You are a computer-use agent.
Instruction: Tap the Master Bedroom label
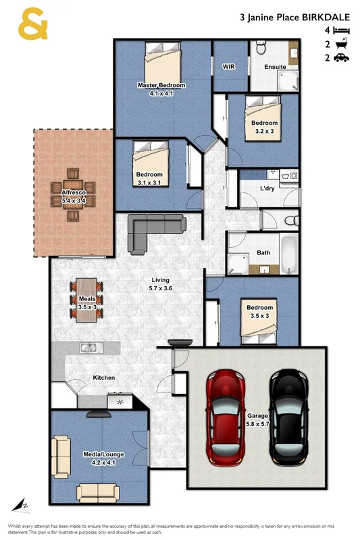pyautogui.click(x=161, y=86)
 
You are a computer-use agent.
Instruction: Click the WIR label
pyautogui.click(x=228, y=67)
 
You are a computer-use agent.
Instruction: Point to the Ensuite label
pyautogui.click(x=275, y=67)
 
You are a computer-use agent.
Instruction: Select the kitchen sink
pyautogui.click(x=88, y=348)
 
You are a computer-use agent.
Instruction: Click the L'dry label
pyautogui.click(x=267, y=189)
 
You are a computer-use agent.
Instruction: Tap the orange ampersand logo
pyautogui.click(x=33, y=25)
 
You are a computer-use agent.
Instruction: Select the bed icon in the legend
pyautogui.click(x=342, y=31)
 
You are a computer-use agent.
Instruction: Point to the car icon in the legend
pyautogui.click(x=342, y=58)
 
